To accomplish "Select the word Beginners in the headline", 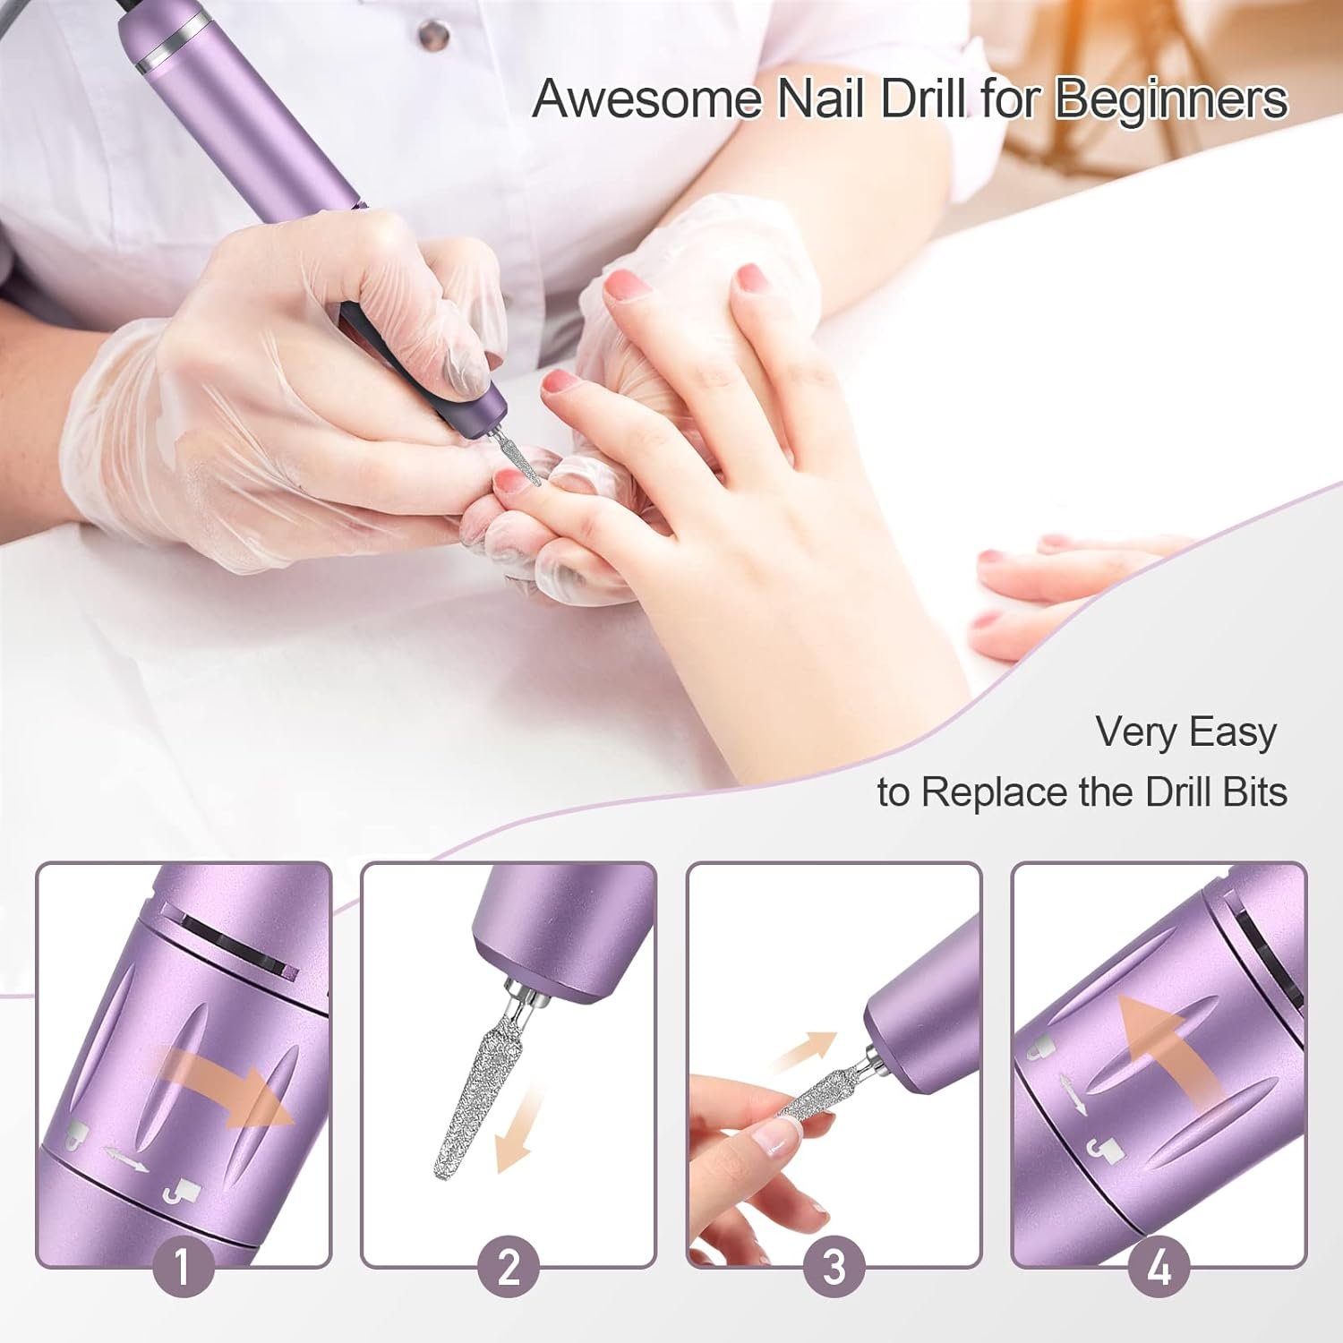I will click(x=1171, y=100).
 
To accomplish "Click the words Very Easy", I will click(x=1185, y=732).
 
